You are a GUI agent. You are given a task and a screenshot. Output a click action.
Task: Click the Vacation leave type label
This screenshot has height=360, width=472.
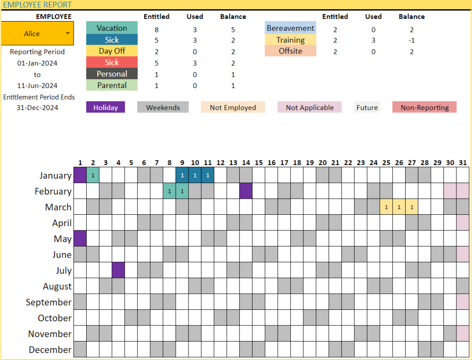coord(112,28)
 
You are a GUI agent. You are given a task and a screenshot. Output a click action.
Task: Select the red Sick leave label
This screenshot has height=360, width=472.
coord(112,62)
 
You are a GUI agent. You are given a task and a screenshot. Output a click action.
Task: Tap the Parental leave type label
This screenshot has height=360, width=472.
coord(112,85)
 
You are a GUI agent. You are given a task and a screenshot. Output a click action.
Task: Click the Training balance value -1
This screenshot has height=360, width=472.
coord(412,40)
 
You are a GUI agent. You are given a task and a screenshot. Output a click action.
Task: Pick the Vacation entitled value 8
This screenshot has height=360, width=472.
coord(156,29)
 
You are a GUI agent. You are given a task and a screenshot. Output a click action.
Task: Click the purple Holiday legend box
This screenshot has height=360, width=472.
coord(106,107)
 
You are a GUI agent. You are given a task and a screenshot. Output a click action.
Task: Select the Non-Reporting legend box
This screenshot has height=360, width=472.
coord(425,107)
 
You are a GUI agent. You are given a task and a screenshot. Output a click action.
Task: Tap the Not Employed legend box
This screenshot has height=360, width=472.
coord(233,107)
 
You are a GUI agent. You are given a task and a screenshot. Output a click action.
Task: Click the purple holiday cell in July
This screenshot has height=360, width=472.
coord(118,270)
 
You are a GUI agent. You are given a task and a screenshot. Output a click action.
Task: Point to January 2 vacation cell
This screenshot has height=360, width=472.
coord(93,175)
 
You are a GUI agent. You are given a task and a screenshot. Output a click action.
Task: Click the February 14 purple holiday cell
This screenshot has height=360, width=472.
coord(246,191)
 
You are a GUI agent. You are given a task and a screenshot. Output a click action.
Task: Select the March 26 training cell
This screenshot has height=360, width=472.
coord(399,207)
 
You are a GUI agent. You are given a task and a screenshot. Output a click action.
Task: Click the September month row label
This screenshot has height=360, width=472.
coord(49,302)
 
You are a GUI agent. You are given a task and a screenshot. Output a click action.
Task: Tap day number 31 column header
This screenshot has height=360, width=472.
coord(463,163)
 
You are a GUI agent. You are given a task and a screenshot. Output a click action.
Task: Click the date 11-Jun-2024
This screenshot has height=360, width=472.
coord(37,85)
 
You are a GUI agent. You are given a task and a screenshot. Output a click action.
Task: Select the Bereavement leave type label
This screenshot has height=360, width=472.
coord(290,28)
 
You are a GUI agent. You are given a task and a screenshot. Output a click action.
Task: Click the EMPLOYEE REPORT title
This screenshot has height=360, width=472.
coord(37,5)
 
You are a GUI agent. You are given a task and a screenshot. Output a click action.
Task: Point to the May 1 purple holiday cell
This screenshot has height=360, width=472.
coord(80,238)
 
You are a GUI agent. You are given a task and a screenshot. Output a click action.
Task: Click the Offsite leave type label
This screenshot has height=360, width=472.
coord(290,51)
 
